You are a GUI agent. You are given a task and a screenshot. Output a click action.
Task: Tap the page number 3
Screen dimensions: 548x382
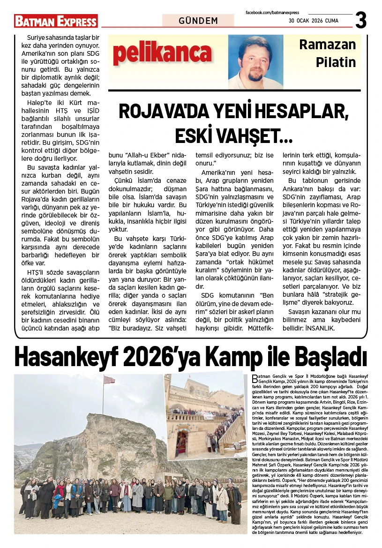tap(360, 21)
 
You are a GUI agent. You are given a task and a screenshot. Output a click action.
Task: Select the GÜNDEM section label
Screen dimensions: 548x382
tap(198, 21)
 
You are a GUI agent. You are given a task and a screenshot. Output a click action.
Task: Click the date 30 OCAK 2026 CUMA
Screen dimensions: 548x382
tap(313, 20)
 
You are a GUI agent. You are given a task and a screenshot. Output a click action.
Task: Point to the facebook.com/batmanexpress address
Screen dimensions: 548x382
tap(272, 12)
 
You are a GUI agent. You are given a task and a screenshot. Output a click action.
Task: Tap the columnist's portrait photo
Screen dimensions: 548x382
tap(256, 61)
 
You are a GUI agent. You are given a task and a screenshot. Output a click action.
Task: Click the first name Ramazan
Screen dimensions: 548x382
tap(328, 45)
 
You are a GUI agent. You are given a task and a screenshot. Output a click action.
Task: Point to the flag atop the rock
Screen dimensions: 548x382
tap(109, 380)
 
